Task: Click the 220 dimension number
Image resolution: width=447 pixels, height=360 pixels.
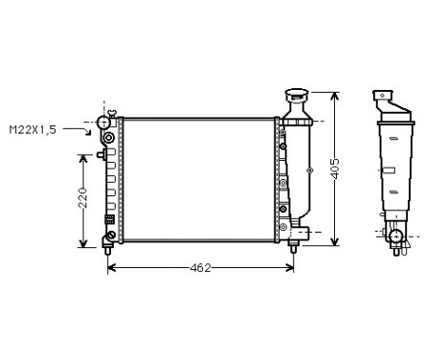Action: [x=83, y=198]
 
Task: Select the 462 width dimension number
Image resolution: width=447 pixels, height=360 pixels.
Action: [x=199, y=267]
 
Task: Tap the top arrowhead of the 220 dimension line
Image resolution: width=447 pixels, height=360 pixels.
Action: [x=83, y=153]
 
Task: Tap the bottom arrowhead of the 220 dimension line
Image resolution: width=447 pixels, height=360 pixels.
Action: [x=83, y=243]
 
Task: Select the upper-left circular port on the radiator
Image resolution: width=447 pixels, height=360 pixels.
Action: [x=108, y=140]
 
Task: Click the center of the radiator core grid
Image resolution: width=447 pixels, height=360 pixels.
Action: [x=200, y=176]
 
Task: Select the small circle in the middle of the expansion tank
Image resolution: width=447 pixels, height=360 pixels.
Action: [x=307, y=170]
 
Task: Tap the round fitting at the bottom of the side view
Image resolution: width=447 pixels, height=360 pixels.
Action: [x=394, y=235]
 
